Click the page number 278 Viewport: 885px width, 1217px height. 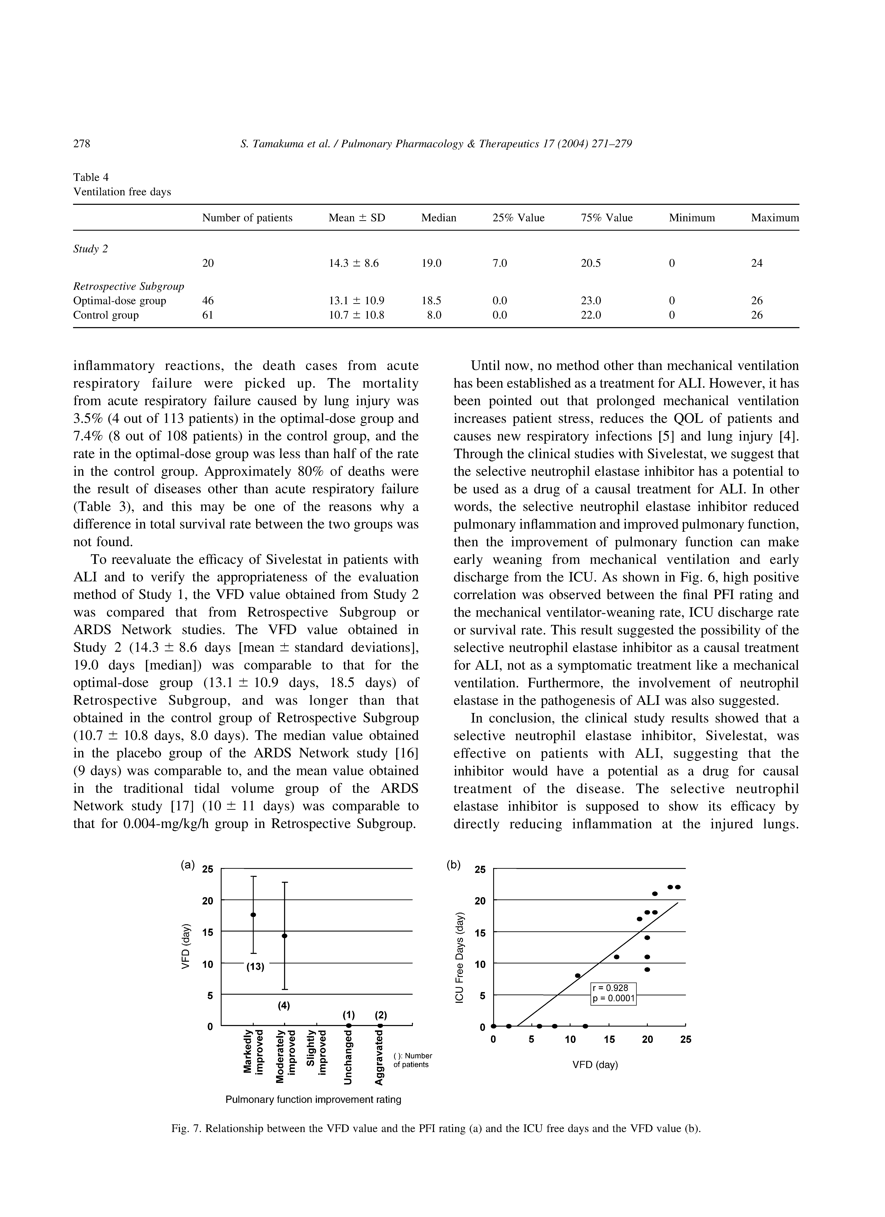click(x=82, y=144)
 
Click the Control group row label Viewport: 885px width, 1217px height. click(x=106, y=315)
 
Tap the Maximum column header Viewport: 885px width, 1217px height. click(x=774, y=218)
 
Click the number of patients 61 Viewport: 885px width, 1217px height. click(x=208, y=315)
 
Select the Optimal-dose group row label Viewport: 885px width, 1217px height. click(x=119, y=301)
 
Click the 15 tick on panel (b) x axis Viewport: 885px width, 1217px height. click(x=609, y=1040)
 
